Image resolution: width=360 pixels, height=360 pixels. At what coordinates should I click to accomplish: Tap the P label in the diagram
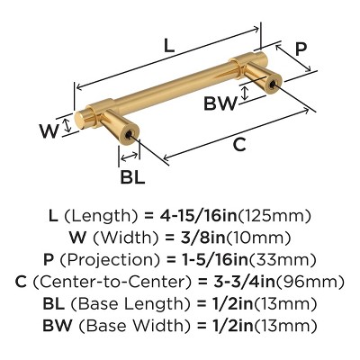click(x=302, y=49)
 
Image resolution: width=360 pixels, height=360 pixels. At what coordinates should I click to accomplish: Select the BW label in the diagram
click(x=220, y=104)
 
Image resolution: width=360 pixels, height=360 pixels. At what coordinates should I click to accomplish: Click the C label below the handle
click(x=238, y=144)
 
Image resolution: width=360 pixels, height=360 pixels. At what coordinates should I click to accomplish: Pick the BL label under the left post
click(x=132, y=177)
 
